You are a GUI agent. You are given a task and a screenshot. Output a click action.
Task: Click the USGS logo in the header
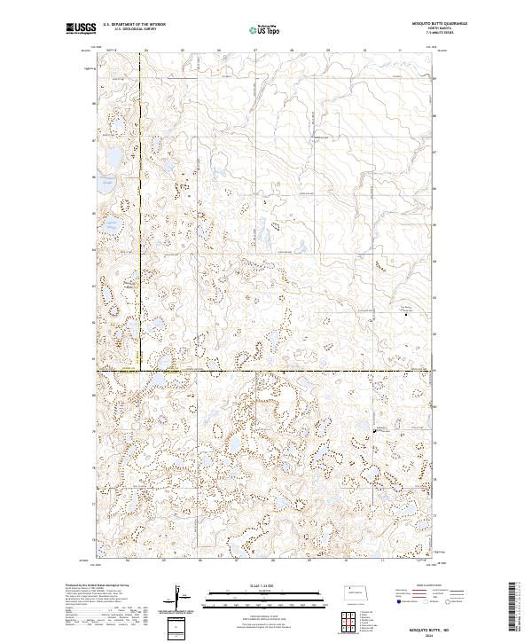pyautogui.click(x=82, y=29)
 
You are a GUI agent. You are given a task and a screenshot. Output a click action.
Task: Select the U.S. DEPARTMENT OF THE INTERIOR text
pyautogui.click(x=134, y=25)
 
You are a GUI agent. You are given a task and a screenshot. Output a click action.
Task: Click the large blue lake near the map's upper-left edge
pyautogui.click(x=113, y=160)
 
